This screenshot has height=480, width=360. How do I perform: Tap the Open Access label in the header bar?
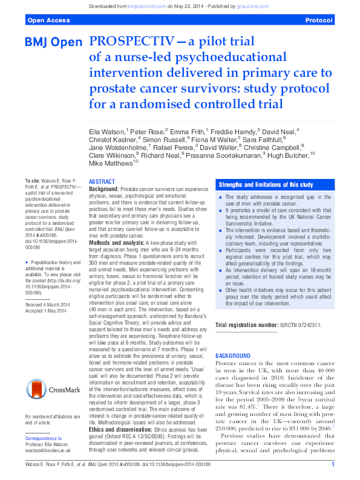tap(47, 20)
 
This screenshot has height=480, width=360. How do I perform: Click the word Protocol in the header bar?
tap(319, 20)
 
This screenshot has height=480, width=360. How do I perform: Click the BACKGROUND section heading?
tap(233, 355)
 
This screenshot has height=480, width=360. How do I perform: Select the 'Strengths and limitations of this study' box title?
tap(266, 184)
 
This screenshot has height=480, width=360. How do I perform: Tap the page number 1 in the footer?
tap(333, 464)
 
